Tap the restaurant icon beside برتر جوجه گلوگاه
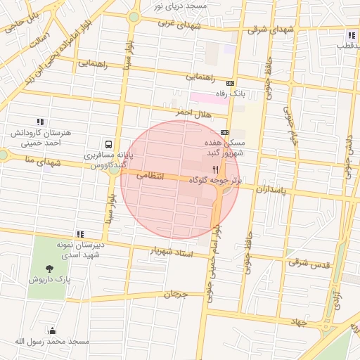coord(216,169)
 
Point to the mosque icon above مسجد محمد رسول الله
coord(52,330)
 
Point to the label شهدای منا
coord(27,160)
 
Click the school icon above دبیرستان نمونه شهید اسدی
coord(80,234)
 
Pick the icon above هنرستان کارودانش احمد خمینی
coord(40,122)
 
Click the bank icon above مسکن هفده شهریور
coord(224,131)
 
